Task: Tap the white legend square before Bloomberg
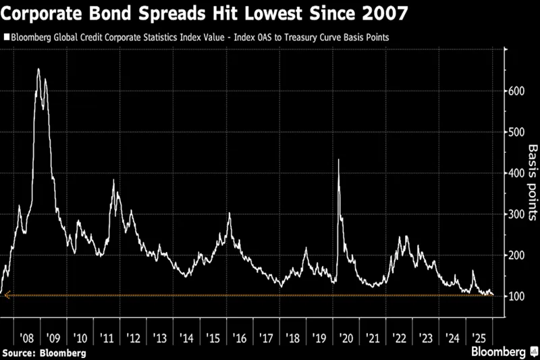coord(7,36)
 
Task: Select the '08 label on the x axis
coord(28,337)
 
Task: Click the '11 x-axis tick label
coord(107,337)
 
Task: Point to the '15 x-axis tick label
coord(213,337)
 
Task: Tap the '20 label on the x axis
coord(346,337)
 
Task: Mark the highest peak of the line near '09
coord(38,69)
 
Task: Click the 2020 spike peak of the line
coord(337,159)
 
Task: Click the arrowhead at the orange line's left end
coord(6,295)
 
